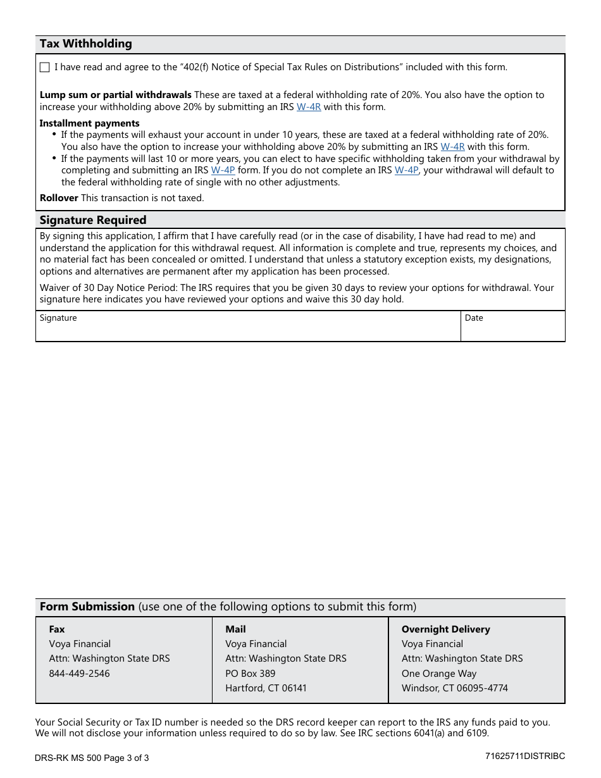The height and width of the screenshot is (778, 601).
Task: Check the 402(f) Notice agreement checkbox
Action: (44, 68)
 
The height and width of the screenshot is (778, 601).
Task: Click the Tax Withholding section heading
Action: (85, 44)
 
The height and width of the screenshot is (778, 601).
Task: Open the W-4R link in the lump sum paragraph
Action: (309, 107)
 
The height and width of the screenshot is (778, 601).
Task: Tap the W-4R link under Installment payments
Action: (452, 147)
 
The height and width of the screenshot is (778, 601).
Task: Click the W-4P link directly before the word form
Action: (223, 170)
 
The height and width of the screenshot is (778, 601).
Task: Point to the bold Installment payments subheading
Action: (89, 123)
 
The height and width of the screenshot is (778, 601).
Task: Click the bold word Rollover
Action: (59, 198)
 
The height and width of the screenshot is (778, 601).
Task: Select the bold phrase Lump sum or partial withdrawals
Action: (115, 95)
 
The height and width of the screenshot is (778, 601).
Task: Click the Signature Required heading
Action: (93, 220)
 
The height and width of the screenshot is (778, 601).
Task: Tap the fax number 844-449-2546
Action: (79, 674)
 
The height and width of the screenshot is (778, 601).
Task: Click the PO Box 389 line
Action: (251, 674)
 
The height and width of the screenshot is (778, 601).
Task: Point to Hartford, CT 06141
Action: (266, 688)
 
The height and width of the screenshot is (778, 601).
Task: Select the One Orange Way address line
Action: (439, 674)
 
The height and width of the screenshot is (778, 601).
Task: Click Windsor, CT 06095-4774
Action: (454, 688)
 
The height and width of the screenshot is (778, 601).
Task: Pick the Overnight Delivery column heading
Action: (445, 629)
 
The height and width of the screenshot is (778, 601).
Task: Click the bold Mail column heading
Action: (235, 629)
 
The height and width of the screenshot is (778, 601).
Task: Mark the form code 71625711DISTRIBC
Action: (524, 756)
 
